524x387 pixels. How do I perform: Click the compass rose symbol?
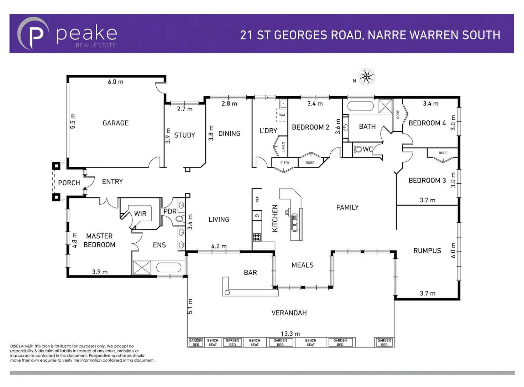[x=367, y=77]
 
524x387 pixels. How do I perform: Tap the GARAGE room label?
[x=115, y=123]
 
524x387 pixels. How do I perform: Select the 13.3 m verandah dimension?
[x=290, y=334]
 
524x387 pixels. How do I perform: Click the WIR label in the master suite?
[x=140, y=213]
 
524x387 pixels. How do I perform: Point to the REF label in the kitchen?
[x=257, y=199]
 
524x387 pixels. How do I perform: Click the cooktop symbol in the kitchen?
[x=257, y=237]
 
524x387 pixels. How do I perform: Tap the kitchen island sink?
[x=295, y=222]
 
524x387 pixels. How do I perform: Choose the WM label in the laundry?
[x=282, y=115]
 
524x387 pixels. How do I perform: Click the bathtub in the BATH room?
[x=360, y=106]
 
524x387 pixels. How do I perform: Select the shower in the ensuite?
[x=142, y=268]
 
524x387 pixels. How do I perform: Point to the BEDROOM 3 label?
[x=427, y=180]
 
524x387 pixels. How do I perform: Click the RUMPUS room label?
[x=427, y=251]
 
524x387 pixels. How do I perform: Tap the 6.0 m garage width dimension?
[x=115, y=82]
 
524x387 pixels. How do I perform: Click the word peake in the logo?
[x=87, y=33]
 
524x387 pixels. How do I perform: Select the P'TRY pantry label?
[x=285, y=163]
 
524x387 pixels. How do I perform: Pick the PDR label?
[x=170, y=211]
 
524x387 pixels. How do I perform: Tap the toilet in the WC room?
[x=357, y=149]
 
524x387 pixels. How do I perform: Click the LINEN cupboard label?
[x=283, y=146]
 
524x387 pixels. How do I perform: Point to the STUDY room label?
[x=184, y=135]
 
